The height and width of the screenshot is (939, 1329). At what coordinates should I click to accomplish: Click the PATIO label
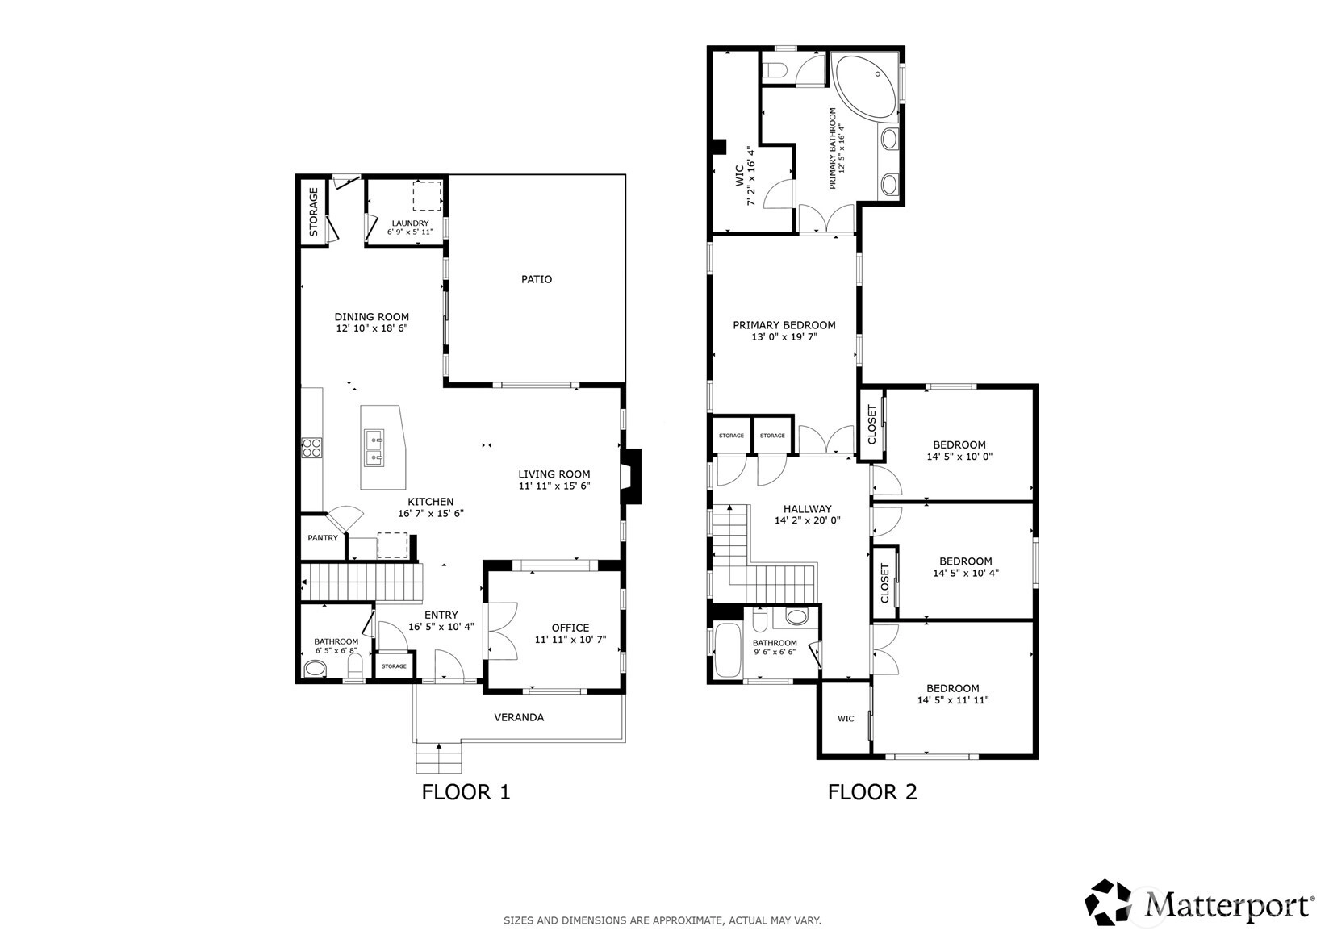(537, 279)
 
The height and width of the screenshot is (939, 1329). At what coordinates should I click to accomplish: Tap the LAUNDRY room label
(410, 223)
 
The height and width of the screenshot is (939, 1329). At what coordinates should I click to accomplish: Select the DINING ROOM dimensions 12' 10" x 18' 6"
(372, 328)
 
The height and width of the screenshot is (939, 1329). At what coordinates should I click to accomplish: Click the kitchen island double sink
(373, 448)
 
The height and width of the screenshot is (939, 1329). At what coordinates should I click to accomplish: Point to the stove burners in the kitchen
(311, 447)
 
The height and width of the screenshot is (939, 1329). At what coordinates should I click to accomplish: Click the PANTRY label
(323, 538)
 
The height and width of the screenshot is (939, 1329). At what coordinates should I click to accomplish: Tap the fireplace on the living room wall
(631, 476)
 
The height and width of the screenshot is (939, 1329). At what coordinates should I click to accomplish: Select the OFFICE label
(570, 628)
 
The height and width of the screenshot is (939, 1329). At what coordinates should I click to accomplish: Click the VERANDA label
(519, 717)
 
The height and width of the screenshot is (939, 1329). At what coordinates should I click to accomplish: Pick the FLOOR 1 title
(466, 792)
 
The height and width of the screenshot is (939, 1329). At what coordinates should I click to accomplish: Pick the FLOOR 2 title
(873, 792)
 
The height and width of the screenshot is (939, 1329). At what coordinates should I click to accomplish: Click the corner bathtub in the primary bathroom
(867, 86)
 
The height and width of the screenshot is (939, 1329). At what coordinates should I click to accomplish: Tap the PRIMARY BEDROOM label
(784, 325)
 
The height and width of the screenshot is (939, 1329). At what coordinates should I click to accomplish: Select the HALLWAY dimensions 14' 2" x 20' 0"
(808, 521)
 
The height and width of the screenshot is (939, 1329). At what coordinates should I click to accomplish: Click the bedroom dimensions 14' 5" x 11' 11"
(953, 700)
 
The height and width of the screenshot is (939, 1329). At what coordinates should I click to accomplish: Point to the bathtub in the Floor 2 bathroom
(728, 649)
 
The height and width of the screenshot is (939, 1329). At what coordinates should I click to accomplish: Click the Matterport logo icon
(1108, 902)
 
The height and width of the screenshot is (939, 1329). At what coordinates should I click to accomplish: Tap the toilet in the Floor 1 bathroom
(354, 666)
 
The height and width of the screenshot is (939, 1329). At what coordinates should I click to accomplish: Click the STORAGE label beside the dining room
(314, 212)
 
